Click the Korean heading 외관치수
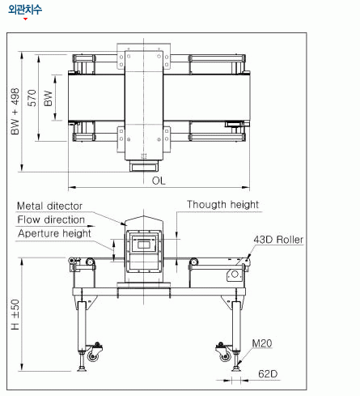click(25, 10)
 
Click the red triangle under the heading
click(25, 19)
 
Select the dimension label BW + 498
click(15, 111)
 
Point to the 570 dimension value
click(32, 98)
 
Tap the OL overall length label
click(159, 181)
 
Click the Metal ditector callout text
click(49, 206)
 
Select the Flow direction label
click(51, 219)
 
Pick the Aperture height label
click(54, 233)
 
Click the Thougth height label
click(223, 205)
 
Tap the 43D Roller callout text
click(278, 240)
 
